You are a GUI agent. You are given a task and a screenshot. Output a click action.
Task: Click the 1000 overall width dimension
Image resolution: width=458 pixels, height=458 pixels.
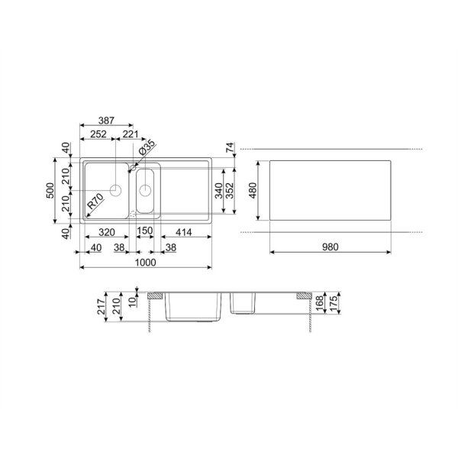click(x=146, y=263)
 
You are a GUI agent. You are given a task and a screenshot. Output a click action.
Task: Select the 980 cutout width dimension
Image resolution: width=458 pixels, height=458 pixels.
click(x=330, y=247)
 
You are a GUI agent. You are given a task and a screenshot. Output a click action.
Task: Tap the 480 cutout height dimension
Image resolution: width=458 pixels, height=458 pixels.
click(x=253, y=190)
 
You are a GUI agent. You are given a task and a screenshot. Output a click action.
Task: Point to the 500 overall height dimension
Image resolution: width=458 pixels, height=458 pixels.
click(x=50, y=190)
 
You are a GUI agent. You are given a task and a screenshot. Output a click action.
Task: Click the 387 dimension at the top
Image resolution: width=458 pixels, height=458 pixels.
click(x=106, y=121)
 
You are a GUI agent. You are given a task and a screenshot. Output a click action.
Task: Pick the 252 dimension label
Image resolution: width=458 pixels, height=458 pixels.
click(x=98, y=134)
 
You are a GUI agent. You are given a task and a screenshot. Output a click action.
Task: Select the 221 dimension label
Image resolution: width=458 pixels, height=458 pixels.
click(x=131, y=134)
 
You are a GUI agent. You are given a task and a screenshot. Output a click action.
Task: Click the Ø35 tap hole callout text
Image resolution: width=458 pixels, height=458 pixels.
click(x=147, y=148)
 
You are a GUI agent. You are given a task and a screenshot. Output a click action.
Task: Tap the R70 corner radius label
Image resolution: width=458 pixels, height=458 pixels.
click(x=95, y=202)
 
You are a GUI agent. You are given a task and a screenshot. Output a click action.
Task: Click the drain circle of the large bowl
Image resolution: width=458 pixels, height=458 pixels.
click(x=116, y=190)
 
